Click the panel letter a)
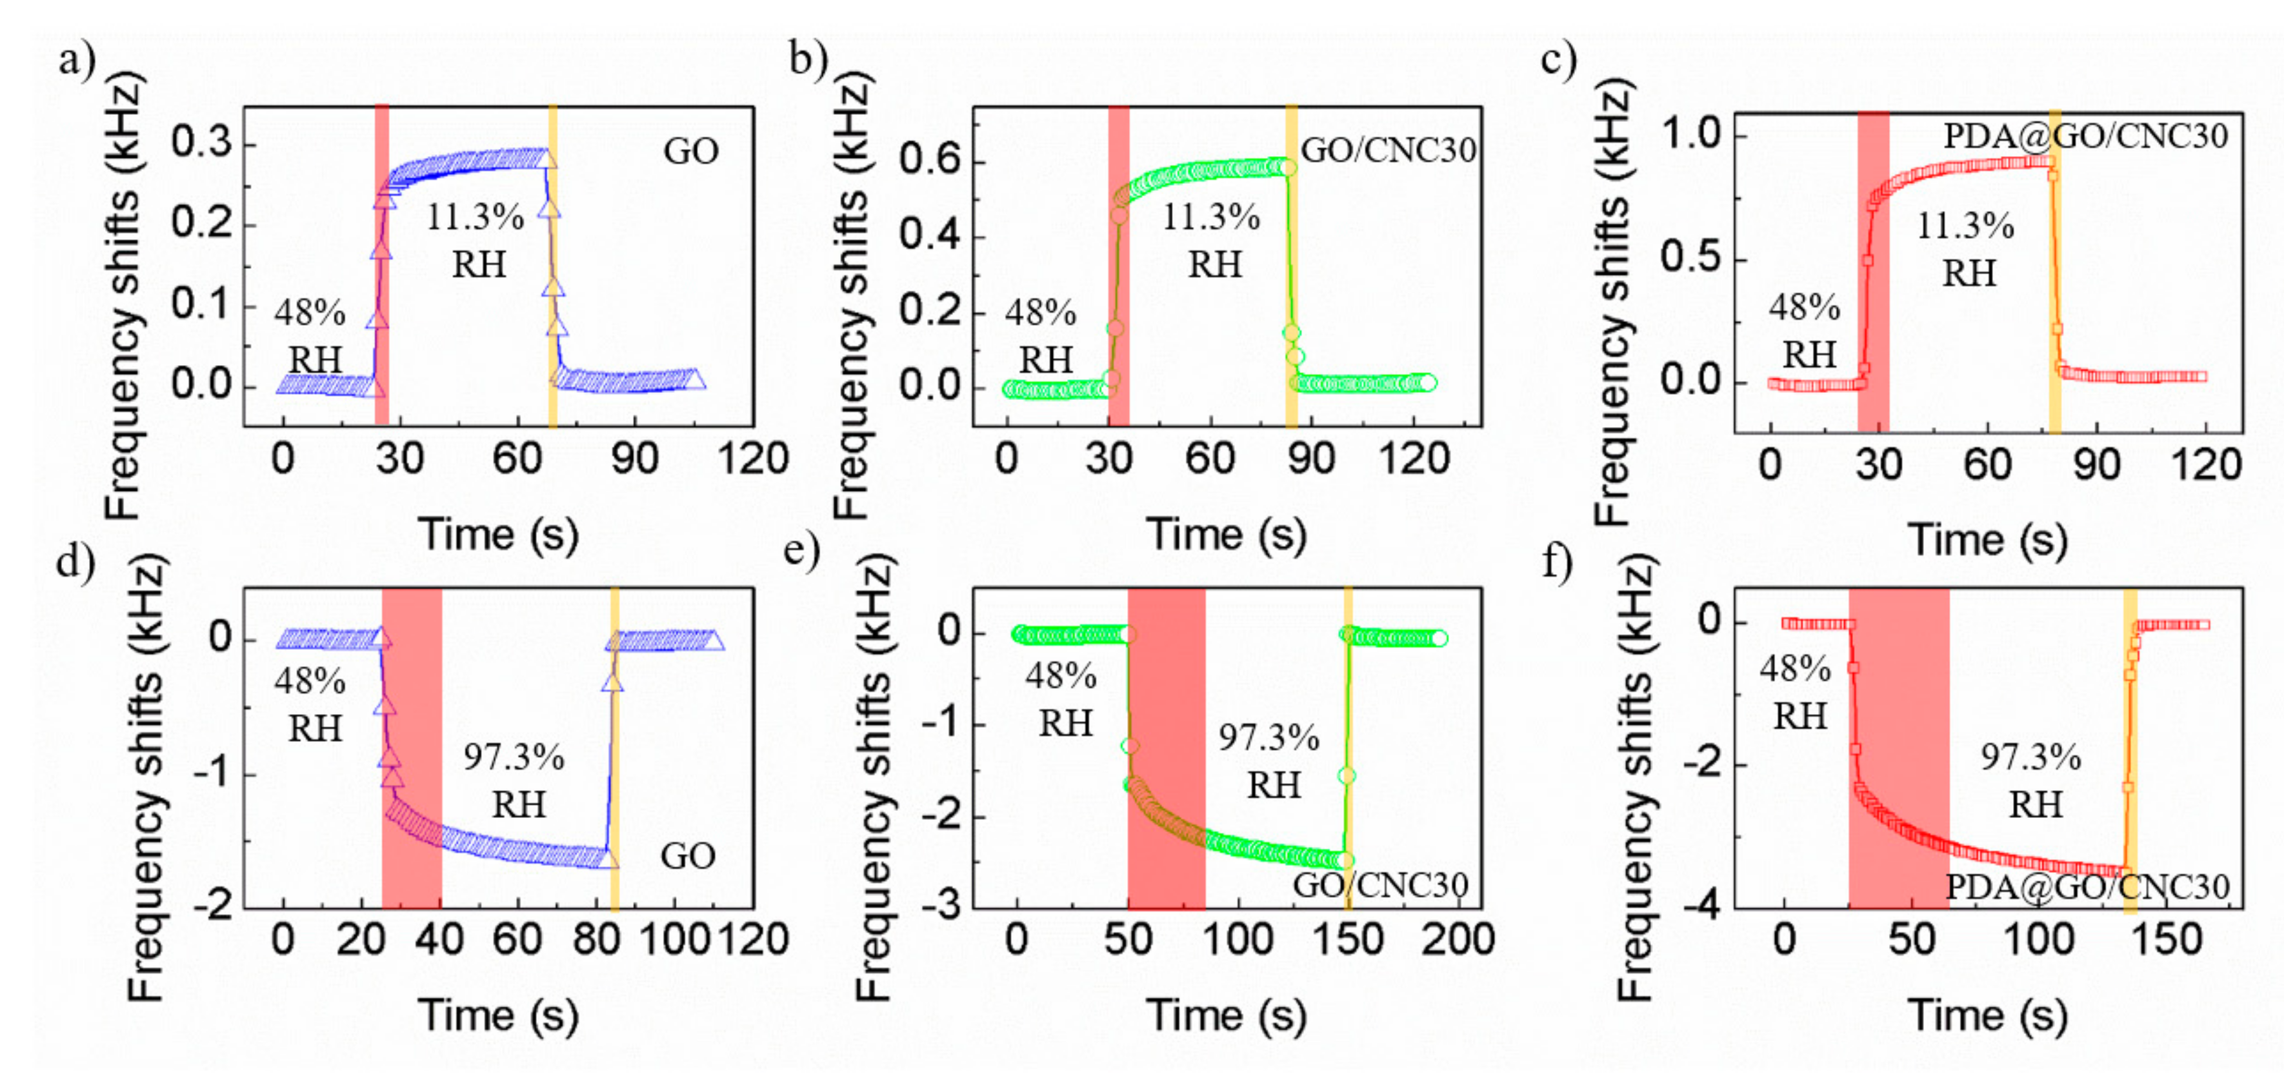(76, 62)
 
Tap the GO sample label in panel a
(691, 152)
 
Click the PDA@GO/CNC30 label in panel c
(2085, 135)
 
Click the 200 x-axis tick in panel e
(1458, 939)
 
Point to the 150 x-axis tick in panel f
(2166, 939)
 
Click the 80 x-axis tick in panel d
(596, 939)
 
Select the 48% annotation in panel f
(1796, 669)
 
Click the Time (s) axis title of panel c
(1987, 540)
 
